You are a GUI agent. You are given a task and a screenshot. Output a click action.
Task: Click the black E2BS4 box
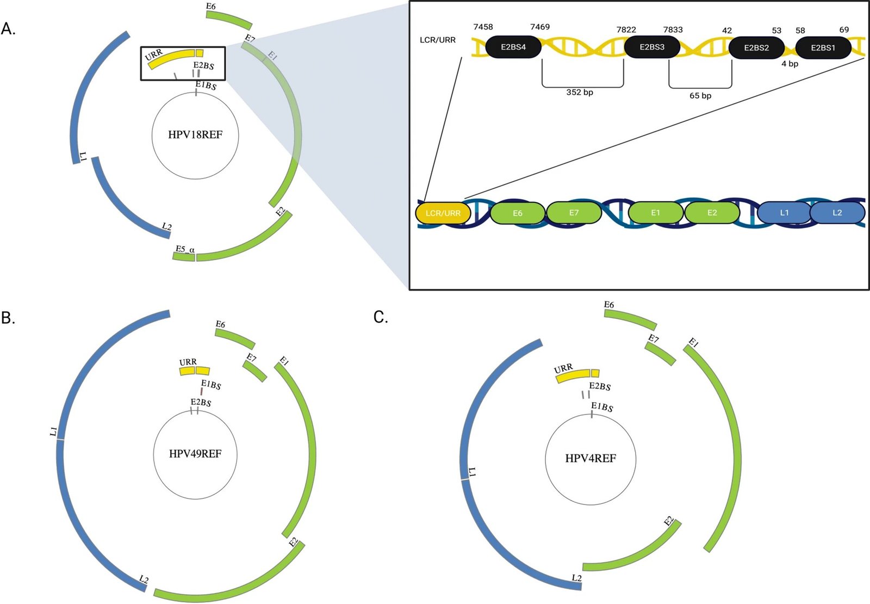tap(513, 47)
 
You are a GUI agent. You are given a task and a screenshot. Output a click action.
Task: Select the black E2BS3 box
tap(652, 47)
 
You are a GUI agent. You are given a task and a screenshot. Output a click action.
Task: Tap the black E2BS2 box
tap(756, 48)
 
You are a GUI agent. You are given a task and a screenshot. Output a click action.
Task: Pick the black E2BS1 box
tap(823, 48)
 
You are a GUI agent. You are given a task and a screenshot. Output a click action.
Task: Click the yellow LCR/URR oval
tap(443, 213)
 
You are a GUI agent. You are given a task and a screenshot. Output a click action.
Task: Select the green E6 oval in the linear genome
tap(517, 213)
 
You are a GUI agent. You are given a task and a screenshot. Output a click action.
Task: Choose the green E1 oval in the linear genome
tap(655, 213)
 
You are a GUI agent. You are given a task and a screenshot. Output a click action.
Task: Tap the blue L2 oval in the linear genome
tap(837, 213)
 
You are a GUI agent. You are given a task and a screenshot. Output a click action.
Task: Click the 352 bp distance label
tap(580, 93)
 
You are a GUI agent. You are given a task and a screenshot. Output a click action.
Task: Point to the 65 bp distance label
tap(700, 96)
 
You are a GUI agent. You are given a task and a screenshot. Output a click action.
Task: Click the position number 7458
tap(483, 27)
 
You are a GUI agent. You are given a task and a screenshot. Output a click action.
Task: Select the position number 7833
tap(673, 30)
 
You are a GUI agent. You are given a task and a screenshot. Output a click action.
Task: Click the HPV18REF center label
tap(195, 135)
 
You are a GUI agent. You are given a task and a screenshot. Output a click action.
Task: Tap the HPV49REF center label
tap(195, 454)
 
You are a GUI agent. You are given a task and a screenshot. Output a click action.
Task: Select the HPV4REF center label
tap(591, 459)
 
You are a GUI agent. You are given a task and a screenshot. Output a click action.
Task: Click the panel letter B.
tap(8, 318)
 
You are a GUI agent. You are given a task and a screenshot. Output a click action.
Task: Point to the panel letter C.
tap(381, 317)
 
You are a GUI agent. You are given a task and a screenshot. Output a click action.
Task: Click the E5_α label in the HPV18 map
tap(185, 249)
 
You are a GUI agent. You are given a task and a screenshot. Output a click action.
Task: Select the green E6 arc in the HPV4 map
tap(631, 319)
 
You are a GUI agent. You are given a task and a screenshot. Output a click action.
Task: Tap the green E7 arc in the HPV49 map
tap(254, 371)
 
